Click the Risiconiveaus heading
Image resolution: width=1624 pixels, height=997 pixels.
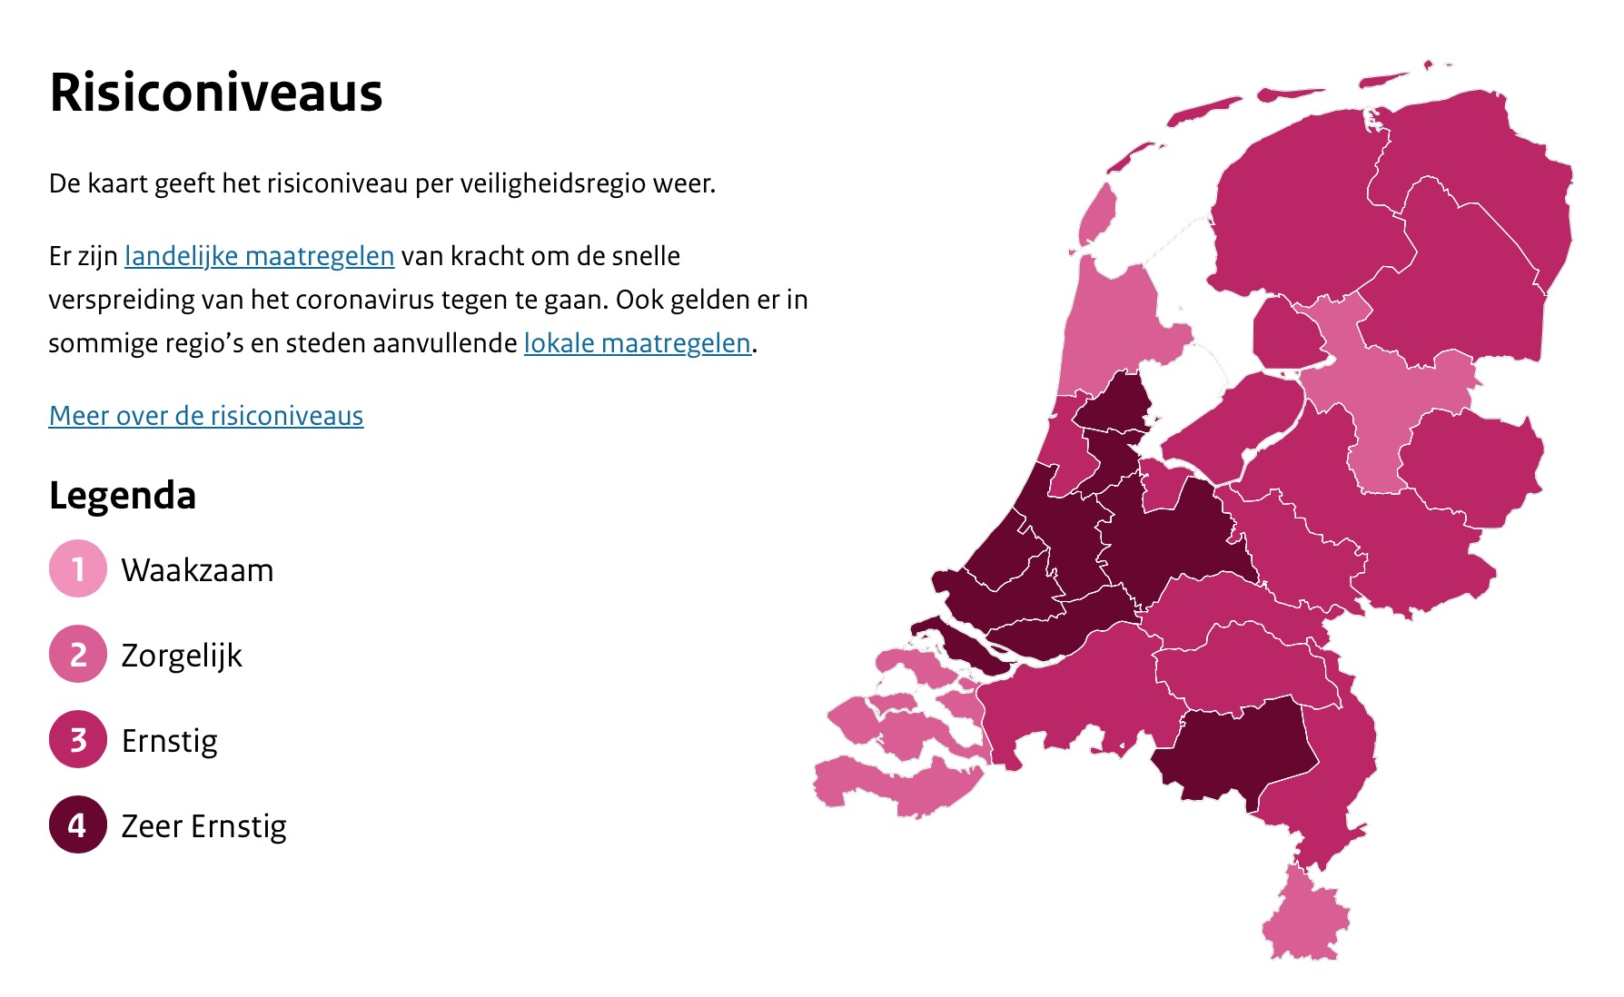point(216,93)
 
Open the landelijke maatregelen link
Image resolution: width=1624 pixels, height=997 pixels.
point(259,256)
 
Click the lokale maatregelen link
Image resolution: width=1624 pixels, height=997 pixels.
point(637,343)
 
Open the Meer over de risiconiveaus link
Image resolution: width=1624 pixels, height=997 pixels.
point(206,416)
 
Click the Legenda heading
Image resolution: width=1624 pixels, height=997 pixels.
point(123,496)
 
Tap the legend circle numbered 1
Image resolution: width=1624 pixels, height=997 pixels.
point(78,569)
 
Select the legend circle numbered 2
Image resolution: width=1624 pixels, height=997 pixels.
point(78,655)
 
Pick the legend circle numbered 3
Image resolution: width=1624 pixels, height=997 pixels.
point(78,740)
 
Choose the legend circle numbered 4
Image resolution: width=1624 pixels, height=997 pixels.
point(78,825)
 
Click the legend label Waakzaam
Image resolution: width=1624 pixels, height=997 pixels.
point(197,570)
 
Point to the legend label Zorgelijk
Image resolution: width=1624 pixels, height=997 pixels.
point(182,656)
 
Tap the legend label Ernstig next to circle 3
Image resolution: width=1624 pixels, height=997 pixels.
point(170,741)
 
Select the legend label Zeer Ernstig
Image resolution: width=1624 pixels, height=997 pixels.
point(204,826)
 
